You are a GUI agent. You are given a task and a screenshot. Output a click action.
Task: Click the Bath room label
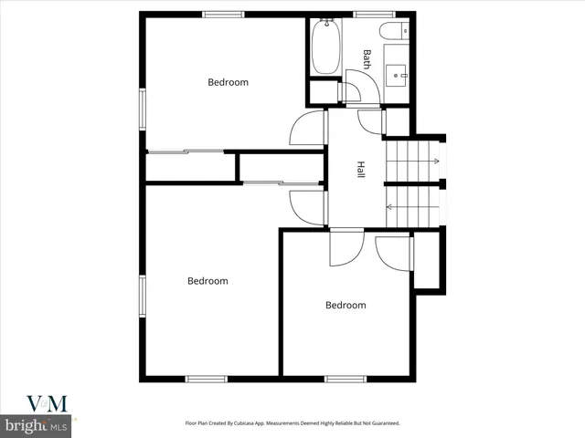point(367,59)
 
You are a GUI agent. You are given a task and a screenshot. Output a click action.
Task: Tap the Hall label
point(361,170)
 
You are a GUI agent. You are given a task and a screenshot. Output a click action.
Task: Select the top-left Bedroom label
point(228,82)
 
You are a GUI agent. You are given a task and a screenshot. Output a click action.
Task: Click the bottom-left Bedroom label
point(207,281)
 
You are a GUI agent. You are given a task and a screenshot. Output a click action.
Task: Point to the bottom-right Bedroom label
point(346,305)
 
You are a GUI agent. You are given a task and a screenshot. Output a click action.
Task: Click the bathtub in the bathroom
point(325,47)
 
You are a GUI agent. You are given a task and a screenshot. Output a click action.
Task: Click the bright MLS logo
point(37,425)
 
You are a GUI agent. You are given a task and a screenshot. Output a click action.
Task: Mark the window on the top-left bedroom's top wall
point(224,14)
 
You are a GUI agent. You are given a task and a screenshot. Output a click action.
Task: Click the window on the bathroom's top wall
point(369,14)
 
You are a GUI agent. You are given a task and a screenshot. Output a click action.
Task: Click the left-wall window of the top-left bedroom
point(142,108)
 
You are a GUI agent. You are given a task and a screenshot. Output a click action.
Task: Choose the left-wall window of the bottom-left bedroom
point(142,297)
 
